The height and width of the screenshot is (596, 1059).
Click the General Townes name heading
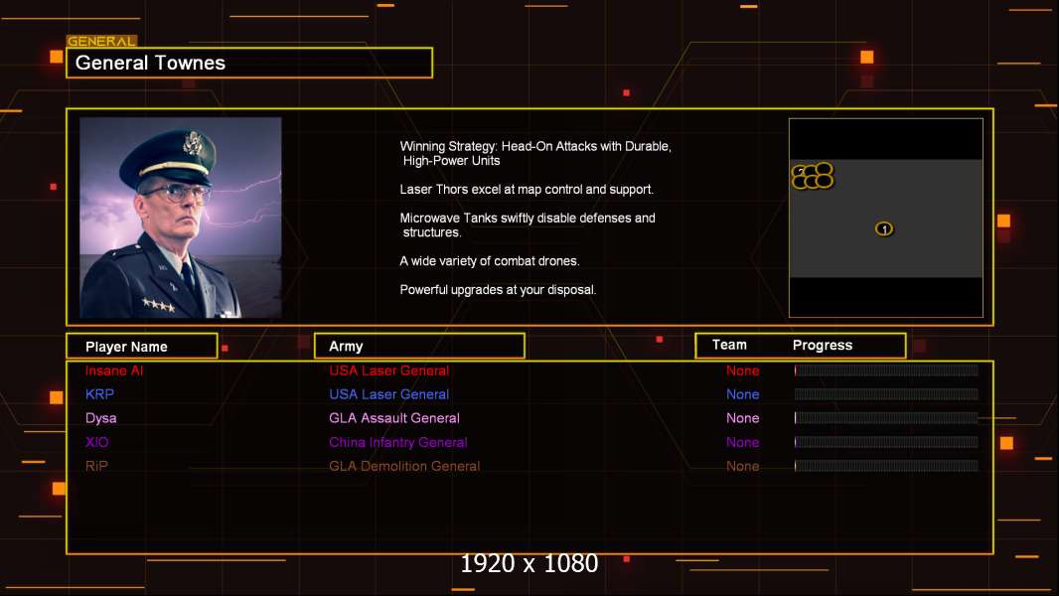pos(150,63)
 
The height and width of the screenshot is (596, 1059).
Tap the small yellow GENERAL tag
pos(102,41)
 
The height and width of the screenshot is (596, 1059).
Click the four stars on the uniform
pos(158,305)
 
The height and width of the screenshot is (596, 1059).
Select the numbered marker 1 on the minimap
pos(884,228)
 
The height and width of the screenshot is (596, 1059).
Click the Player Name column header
pos(126,347)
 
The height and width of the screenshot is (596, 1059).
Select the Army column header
pos(346,347)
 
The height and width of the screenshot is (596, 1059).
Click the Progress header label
pos(823,346)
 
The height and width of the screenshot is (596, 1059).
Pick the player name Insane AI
pos(114,371)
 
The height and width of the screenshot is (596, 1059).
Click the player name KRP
pos(99,394)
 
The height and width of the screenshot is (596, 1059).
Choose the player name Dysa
pos(100,418)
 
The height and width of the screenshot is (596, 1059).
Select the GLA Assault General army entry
pos(394,418)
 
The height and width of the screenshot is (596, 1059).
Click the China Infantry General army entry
pos(397,443)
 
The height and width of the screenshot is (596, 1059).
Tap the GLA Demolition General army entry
pos(404,467)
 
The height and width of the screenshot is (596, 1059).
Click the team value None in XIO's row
pos(742,443)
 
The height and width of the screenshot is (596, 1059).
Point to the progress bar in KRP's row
pos(886,394)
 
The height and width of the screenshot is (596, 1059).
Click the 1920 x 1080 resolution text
pos(529,563)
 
